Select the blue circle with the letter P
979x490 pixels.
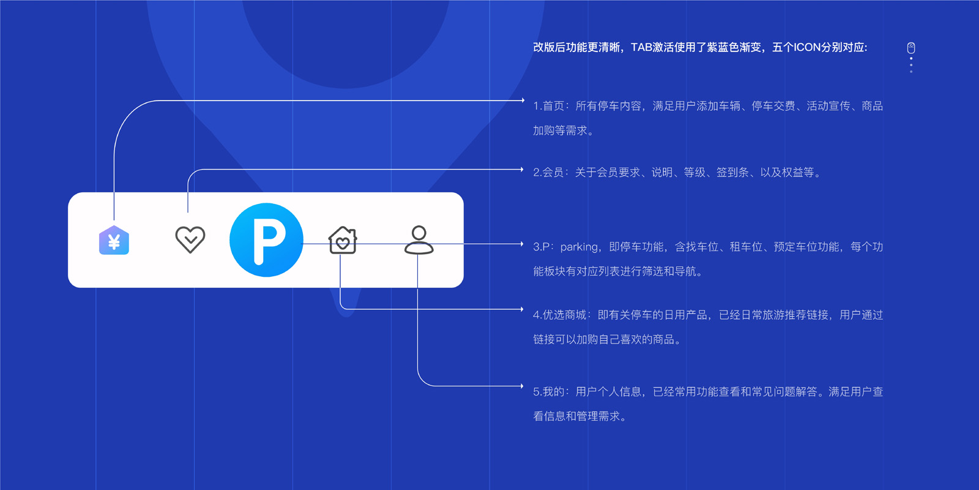(266, 239)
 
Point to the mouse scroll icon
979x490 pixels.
(911, 48)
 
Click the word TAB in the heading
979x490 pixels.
(642, 47)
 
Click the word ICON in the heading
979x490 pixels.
(807, 47)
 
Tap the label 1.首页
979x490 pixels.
(549, 106)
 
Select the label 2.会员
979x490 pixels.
(548, 172)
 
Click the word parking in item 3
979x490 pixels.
(579, 247)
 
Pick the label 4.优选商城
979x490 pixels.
(560, 315)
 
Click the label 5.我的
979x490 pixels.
(549, 391)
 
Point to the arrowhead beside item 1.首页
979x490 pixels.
(523, 100)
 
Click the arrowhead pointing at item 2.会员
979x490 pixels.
(522, 169)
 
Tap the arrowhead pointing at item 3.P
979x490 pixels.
(522, 244)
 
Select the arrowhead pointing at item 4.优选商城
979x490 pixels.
(522, 309)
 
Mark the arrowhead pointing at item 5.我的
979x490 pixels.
(522, 386)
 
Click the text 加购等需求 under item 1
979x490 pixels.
(560, 130)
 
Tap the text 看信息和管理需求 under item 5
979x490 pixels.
(576, 416)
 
